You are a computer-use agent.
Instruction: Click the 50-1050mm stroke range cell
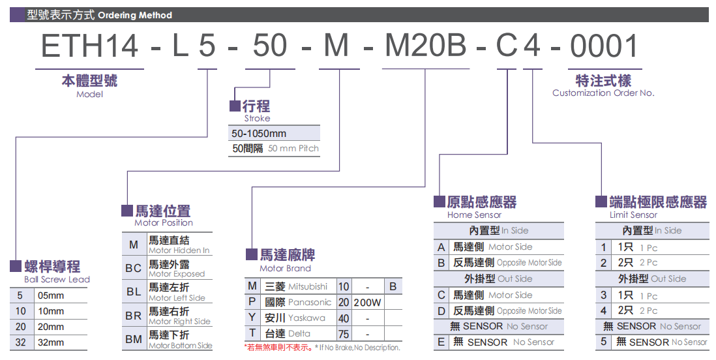pos(259,133)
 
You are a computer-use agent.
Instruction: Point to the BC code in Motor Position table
pos(134,268)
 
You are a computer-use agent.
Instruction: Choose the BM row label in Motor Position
pos(134,340)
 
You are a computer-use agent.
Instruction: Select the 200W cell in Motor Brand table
pos(368,303)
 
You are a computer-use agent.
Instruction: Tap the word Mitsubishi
pos(308,287)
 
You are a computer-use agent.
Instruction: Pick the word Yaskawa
pos(306,318)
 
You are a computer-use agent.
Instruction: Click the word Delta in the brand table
pos(299,334)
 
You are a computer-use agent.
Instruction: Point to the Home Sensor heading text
pos(474,215)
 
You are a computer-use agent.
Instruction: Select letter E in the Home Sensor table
pos(441,342)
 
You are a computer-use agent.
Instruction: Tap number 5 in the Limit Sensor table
pos(604,342)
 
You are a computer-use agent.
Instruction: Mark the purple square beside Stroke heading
pos(235,106)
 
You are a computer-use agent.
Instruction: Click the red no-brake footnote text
pos(279,348)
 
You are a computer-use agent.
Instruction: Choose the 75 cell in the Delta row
pos(344,334)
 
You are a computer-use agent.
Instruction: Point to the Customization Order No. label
pos(603,93)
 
